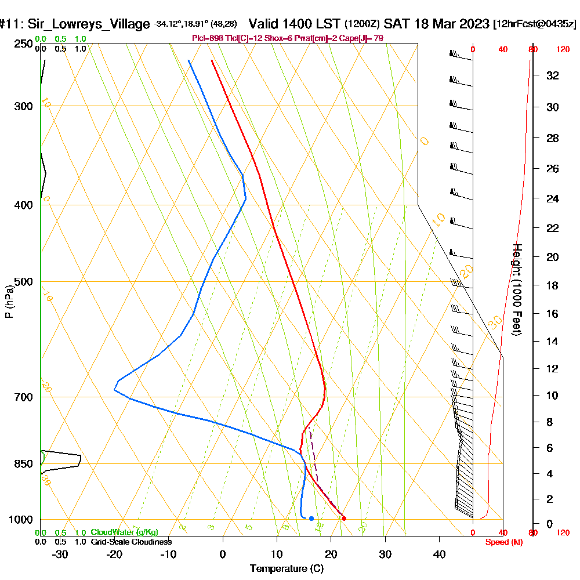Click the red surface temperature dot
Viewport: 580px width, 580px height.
point(344,519)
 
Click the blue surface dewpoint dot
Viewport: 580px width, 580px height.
point(311,519)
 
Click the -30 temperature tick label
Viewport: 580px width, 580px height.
point(60,554)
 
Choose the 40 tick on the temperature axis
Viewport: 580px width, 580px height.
point(440,554)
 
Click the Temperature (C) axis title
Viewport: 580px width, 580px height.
point(287,569)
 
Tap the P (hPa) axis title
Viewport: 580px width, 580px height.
point(9,301)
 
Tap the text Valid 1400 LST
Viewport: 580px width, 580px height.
point(294,24)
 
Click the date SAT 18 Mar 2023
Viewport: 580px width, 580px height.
point(437,24)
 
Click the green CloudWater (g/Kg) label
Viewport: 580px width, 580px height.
point(124,532)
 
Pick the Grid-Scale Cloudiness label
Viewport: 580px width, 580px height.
point(130,542)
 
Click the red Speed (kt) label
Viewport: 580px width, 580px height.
point(503,542)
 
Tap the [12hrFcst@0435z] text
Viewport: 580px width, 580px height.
point(534,24)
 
